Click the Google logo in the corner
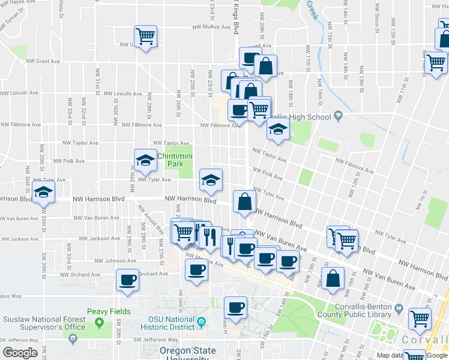19,353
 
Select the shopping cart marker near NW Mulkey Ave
145,37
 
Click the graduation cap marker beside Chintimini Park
145,160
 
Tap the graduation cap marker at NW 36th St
43,193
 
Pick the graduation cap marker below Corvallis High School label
277,130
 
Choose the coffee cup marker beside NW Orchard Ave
127,280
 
